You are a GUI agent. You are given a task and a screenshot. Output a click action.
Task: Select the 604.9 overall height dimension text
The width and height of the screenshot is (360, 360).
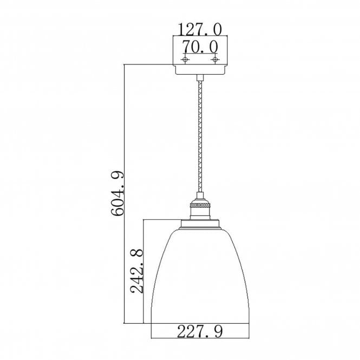click(x=120, y=193)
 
